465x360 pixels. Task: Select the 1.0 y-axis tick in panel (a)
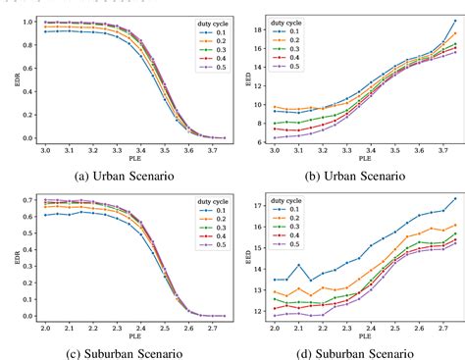[28, 21]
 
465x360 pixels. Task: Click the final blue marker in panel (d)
[455, 199]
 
